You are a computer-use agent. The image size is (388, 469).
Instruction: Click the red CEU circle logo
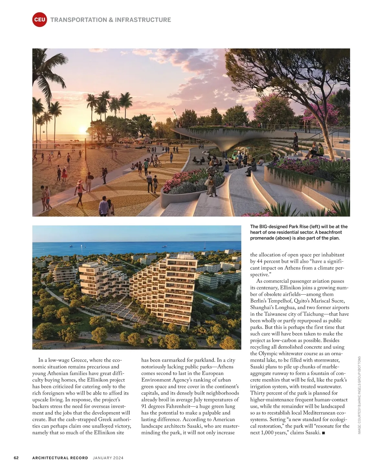click(39, 20)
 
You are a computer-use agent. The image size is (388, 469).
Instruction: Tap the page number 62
click(16, 458)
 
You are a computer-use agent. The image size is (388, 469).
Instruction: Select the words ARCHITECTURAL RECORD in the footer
click(60, 458)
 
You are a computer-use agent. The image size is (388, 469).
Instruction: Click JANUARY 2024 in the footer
click(108, 458)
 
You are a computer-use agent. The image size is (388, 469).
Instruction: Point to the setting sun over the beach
click(83, 130)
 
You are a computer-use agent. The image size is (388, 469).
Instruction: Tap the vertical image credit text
click(359, 395)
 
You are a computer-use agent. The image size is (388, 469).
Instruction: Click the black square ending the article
click(324, 433)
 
